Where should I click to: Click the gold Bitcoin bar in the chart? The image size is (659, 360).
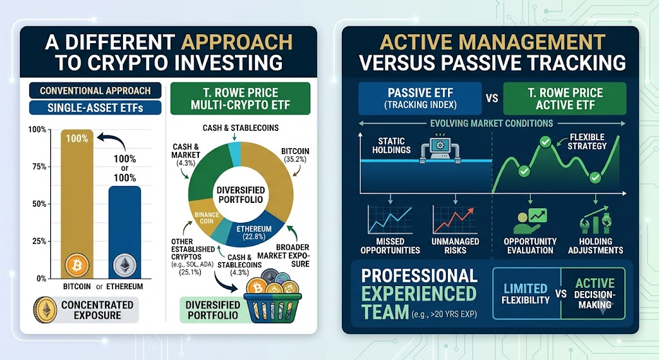[x=77, y=204]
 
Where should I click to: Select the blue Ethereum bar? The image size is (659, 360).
[x=125, y=232]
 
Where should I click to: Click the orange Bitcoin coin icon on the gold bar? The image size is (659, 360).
[x=77, y=265]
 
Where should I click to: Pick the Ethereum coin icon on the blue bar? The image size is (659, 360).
[x=125, y=265]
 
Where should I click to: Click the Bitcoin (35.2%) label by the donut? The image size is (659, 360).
[x=295, y=155]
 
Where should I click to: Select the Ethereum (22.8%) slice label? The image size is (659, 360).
[x=254, y=232]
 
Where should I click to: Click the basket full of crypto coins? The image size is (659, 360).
[x=273, y=301]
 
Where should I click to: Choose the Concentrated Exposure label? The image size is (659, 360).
[x=97, y=310]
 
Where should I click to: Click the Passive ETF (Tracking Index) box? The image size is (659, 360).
[x=420, y=99]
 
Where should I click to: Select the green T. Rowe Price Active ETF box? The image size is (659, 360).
[x=565, y=99]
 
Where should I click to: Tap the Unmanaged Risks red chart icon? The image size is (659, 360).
[x=455, y=219]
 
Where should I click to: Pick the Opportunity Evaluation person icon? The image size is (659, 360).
[x=530, y=221]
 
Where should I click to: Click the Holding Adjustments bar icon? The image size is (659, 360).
[x=595, y=220]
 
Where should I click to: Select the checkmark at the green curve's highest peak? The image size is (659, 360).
[x=545, y=142]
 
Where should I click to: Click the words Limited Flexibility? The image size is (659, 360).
[x=525, y=294]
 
